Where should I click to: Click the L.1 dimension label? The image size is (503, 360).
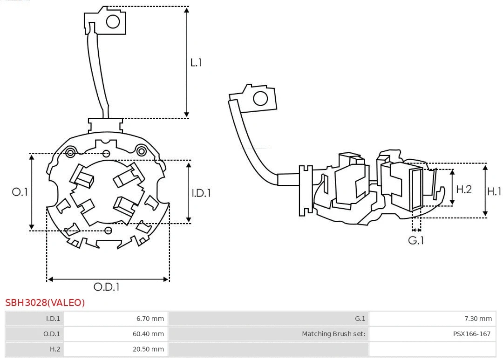tap(196, 62)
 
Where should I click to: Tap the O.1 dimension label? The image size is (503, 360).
tap(20, 192)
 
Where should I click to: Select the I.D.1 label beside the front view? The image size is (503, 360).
tap(201, 192)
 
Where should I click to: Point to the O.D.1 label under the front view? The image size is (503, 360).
tap(107, 287)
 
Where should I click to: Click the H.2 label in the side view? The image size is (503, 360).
tap(464, 189)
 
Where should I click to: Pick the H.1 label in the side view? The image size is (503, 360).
tap(494, 191)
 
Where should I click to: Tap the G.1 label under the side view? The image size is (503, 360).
tap(416, 240)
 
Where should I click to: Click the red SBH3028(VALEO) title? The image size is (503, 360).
tap(45, 303)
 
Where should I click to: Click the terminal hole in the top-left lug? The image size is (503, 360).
tap(113, 21)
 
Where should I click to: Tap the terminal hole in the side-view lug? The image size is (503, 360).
tap(260, 99)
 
